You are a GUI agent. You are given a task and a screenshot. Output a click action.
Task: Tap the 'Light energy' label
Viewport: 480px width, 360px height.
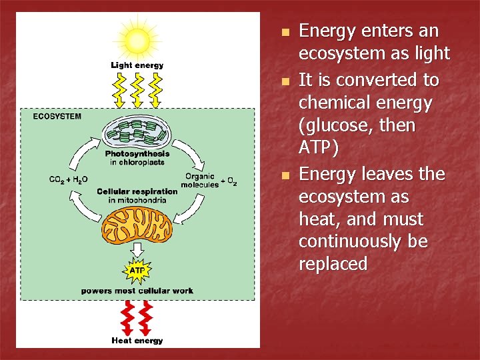click(x=137, y=65)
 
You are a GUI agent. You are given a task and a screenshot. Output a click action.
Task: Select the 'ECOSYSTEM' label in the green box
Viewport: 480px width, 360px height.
click(x=57, y=116)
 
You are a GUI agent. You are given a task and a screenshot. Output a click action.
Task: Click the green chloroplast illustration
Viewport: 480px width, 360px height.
click(x=137, y=133)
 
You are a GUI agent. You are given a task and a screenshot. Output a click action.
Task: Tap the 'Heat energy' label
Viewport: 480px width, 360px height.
click(x=137, y=341)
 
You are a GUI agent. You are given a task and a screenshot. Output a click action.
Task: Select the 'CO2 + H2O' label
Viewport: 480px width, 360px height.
click(x=69, y=179)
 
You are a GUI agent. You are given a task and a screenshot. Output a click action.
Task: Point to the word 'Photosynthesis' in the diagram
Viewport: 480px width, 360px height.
click(x=137, y=154)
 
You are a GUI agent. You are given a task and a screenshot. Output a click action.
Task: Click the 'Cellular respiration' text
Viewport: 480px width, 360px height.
click(x=137, y=191)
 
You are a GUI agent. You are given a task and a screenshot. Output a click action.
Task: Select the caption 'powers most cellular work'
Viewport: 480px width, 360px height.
click(x=137, y=291)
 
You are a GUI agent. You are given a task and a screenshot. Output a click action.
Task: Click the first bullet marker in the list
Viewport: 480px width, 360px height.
click(x=285, y=33)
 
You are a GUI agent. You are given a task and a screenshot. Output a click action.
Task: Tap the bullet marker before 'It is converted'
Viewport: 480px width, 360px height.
click(x=285, y=81)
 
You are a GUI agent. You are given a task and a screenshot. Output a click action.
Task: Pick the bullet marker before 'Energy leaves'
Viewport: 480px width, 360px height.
click(x=285, y=175)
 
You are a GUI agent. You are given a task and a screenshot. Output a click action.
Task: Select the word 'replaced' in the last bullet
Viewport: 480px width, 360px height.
click(x=333, y=265)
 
